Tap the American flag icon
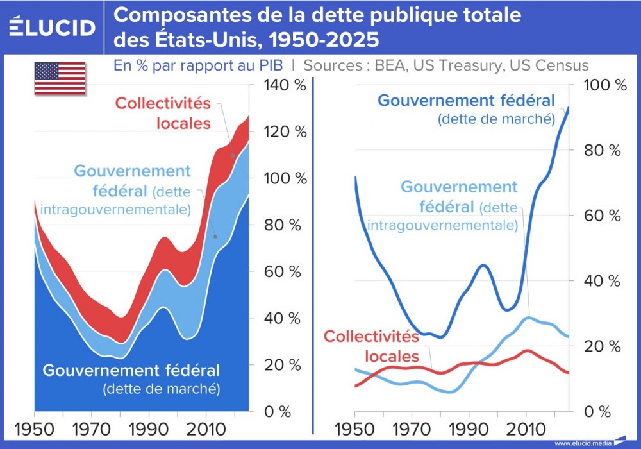pyautogui.click(x=60, y=78)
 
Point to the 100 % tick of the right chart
pyautogui.click(x=603, y=85)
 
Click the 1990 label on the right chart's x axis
pyautogui.click(x=469, y=428)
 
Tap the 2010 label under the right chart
pyautogui.click(x=526, y=428)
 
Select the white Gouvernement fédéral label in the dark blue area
pyautogui.click(x=131, y=371)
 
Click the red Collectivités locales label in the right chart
pyautogui.click(x=370, y=346)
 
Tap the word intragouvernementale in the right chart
pyautogui.click(x=442, y=225)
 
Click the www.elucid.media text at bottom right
pyautogui.click(x=581, y=443)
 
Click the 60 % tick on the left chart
pyautogui.click(x=282, y=271)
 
